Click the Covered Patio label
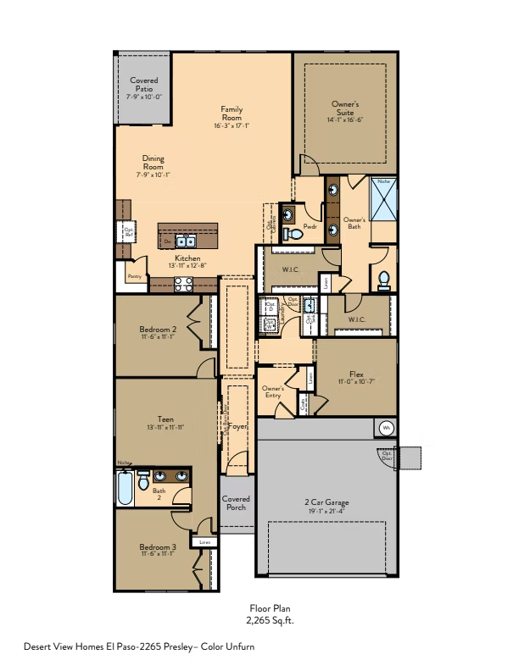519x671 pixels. [x=143, y=85]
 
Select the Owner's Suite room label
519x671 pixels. [x=344, y=108]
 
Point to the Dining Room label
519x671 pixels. [x=153, y=163]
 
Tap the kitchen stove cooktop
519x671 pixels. [x=184, y=285]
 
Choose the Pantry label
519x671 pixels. [x=133, y=276]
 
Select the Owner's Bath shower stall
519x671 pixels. [x=382, y=199]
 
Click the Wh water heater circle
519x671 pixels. [x=386, y=428]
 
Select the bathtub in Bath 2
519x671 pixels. [x=125, y=489]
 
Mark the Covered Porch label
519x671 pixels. [x=236, y=503]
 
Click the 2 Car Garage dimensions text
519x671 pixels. [x=326, y=511]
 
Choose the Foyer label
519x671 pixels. [x=237, y=426]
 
